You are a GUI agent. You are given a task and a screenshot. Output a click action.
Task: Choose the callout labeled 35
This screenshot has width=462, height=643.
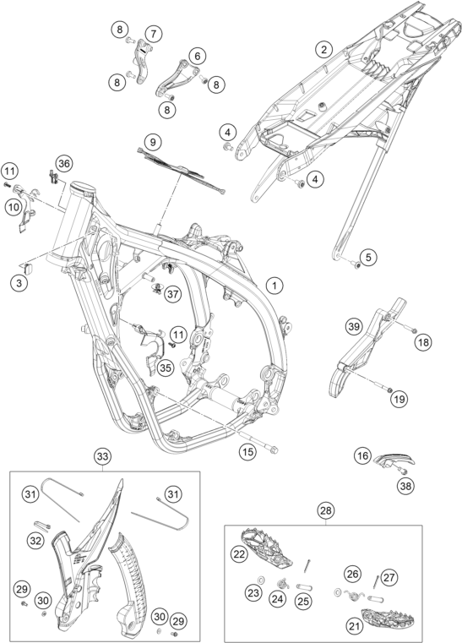pyautogui.click(x=165, y=367)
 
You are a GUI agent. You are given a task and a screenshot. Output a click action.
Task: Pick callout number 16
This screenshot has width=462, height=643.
pyautogui.click(x=362, y=456)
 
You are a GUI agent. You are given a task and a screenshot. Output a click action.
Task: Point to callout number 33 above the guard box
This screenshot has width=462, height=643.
pyautogui.click(x=102, y=457)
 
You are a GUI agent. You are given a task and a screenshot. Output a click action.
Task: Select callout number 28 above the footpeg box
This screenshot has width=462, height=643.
pyautogui.click(x=324, y=510)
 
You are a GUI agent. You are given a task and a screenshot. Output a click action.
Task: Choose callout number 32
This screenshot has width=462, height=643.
pyautogui.click(x=35, y=539)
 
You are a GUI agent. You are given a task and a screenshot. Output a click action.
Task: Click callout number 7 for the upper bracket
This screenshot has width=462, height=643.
pyautogui.click(x=153, y=33)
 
